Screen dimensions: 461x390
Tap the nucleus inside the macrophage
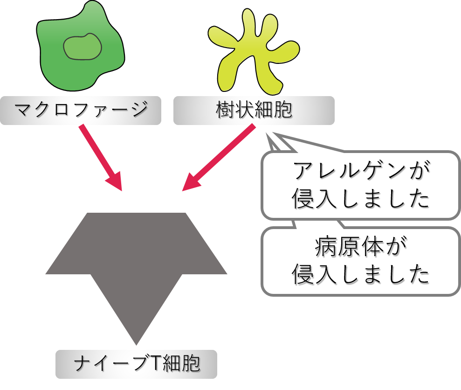pyautogui.click(x=83, y=47)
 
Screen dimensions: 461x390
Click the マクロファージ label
pyautogui.click(x=81, y=110)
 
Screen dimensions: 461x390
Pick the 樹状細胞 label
pyautogui.click(x=254, y=110)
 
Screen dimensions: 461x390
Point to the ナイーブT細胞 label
pyautogui.click(x=137, y=364)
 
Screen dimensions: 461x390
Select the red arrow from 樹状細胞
pyautogui.click(x=219, y=158)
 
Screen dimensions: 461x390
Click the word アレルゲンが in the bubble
pyautogui.click(x=361, y=171)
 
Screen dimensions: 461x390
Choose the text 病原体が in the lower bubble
pyautogui.click(x=361, y=247)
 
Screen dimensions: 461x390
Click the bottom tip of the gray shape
pyautogui.click(x=136, y=345)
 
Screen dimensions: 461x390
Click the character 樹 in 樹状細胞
pyautogui.click(x=226, y=110)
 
